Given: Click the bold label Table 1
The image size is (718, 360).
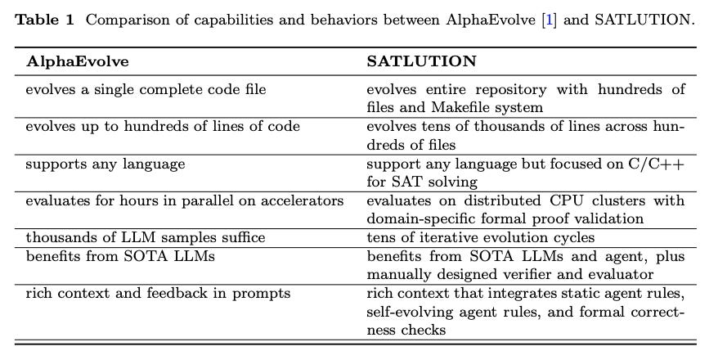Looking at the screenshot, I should point(44,19).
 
